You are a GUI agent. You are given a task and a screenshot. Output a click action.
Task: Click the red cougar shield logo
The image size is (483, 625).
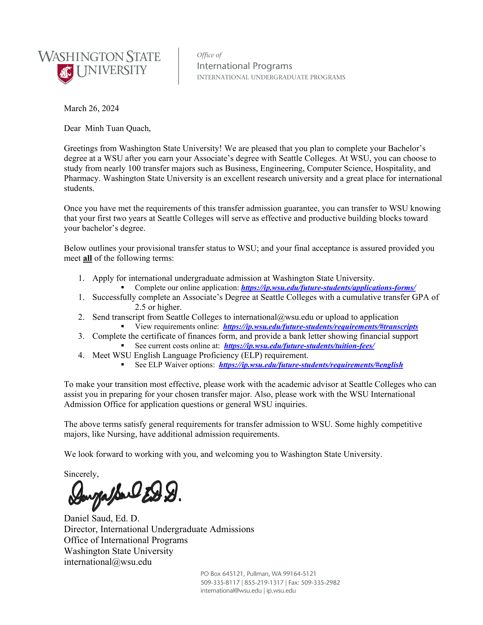[x=65, y=73]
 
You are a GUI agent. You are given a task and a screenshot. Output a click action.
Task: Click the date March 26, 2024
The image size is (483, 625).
[x=91, y=109]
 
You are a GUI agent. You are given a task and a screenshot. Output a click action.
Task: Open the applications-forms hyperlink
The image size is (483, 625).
[x=328, y=287]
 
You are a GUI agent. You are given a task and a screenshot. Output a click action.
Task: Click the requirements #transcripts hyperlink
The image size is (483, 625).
[x=320, y=326]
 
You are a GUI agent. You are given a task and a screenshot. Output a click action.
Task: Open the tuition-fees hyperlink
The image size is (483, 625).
[x=299, y=346]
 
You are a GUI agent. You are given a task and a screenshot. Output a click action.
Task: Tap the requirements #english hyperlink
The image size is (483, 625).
[x=311, y=365]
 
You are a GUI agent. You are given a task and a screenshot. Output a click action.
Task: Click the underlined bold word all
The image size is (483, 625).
[x=87, y=259]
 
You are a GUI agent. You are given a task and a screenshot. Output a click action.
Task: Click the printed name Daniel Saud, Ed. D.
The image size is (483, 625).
[x=102, y=518]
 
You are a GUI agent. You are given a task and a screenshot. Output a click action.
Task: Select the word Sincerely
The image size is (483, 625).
[x=81, y=474]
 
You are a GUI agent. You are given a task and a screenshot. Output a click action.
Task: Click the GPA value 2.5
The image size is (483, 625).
[x=140, y=307]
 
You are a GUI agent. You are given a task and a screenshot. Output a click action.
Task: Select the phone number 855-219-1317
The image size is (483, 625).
[x=264, y=583]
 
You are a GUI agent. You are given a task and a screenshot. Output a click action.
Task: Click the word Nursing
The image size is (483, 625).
[x=119, y=434]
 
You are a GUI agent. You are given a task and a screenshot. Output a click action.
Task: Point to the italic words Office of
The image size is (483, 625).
[x=209, y=55]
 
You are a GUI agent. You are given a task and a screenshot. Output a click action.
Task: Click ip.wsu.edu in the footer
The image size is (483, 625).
[x=281, y=591]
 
